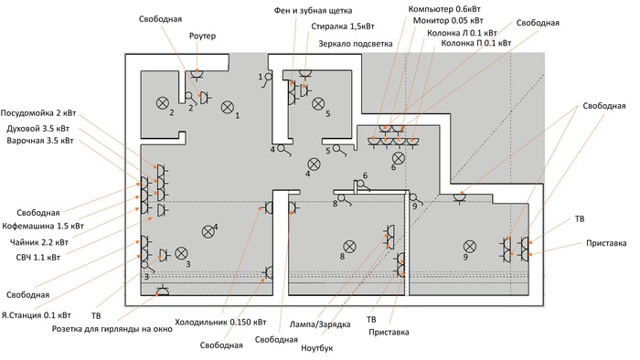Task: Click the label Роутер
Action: tap(202, 37)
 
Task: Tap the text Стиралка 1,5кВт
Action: tap(343, 26)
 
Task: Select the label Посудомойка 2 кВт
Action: tap(38, 113)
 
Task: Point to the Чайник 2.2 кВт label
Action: tap(39, 242)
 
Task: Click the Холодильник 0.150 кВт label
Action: tap(220, 323)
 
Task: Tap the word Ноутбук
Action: tap(316, 348)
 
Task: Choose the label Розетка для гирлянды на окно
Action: tap(112, 329)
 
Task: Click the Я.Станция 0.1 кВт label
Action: tap(36, 315)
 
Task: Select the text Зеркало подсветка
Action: tap(356, 44)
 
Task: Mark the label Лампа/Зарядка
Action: tap(320, 324)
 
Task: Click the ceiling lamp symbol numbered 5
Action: tap(318, 103)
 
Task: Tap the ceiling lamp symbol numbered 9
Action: tap(470, 247)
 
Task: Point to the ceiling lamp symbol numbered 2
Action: tap(163, 102)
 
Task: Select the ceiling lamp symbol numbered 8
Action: tap(349, 247)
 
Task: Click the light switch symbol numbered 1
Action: tap(267, 79)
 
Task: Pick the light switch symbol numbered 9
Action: tap(416, 199)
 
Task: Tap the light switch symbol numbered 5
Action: tap(339, 151)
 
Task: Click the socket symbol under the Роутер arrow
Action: tap(197, 74)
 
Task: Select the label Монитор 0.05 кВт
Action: tap(448, 20)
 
